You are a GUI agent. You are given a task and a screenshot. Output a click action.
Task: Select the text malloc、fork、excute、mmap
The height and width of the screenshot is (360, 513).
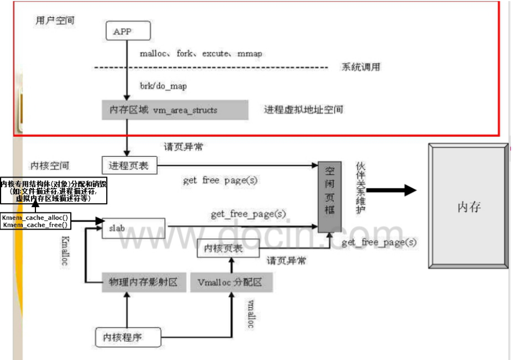coord(201,54)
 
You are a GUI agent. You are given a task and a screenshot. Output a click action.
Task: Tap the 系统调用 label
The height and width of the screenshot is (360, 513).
coord(361,68)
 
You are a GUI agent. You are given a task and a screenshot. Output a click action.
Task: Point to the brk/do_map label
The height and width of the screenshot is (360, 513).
coord(163,85)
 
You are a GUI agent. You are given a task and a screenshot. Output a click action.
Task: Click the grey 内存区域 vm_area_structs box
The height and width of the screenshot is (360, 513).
coord(175,110)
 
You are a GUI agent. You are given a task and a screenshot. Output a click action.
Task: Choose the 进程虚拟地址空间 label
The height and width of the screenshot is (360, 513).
coord(303,109)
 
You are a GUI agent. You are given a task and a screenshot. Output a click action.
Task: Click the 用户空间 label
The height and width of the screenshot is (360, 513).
coord(54,21)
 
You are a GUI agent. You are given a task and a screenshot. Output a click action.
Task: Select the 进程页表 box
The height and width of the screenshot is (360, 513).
coord(129,164)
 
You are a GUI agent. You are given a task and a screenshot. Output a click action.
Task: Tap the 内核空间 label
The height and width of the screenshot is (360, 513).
coord(50,165)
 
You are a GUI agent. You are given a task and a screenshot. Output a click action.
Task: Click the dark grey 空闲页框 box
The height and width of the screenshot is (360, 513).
coord(329,196)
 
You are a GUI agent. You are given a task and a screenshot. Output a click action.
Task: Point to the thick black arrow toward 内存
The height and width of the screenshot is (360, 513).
coord(391,190)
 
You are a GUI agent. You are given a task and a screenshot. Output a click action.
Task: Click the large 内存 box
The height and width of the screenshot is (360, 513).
coord(468,206)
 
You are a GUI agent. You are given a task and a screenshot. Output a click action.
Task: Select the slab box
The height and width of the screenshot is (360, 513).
coord(133,228)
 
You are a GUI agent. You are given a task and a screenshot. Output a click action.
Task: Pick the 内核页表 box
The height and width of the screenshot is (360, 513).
coord(229,248)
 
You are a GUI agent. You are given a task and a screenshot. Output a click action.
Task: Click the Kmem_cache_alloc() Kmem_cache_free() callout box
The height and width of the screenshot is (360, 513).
coord(35,221)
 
